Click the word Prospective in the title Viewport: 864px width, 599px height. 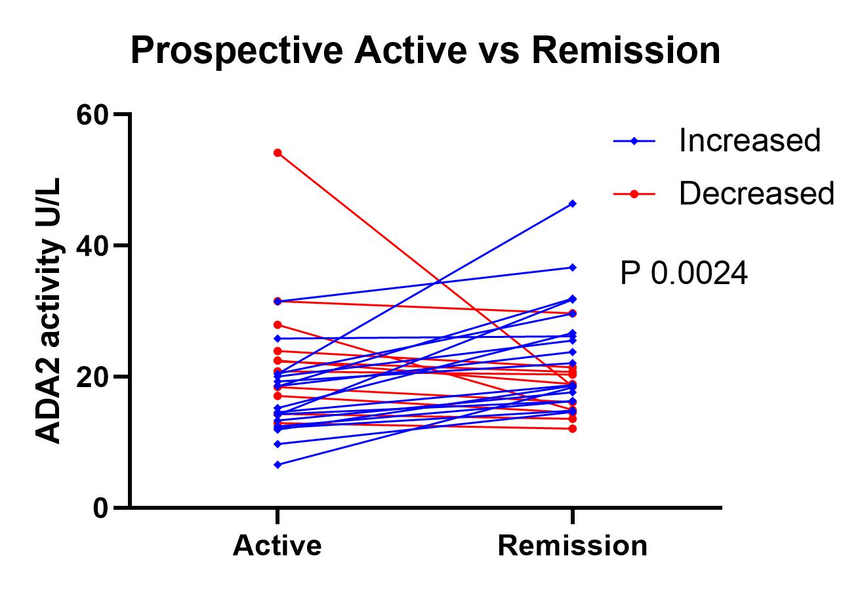[x=237, y=51]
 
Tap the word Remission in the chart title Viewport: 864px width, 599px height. [x=626, y=51]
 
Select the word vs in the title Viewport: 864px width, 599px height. [x=499, y=54]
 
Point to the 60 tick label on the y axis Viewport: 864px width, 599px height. [x=91, y=115]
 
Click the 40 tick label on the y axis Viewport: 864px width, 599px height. [x=91, y=246]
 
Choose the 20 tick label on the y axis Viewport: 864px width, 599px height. [x=91, y=377]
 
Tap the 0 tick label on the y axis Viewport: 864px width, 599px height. [x=100, y=508]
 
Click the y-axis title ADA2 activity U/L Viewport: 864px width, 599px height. [x=48, y=310]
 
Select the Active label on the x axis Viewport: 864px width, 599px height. [x=277, y=546]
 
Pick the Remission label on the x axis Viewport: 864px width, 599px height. [x=573, y=546]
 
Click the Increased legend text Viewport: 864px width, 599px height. [x=749, y=140]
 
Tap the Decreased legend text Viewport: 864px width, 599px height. [x=757, y=194]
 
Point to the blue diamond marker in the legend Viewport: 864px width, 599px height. [x=634, y=141]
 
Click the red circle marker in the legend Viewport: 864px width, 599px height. [x=634, y=194]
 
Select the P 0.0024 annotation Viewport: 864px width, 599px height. [x=684, y=274]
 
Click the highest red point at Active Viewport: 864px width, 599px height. [x=278, y=153]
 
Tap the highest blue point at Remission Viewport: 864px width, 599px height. [x=573, y=203]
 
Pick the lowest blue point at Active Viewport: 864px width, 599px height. [x=278, y=465]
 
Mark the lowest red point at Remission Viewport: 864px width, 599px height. [x=573, y=428]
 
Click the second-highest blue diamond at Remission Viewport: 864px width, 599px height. [x=573, y=268]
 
